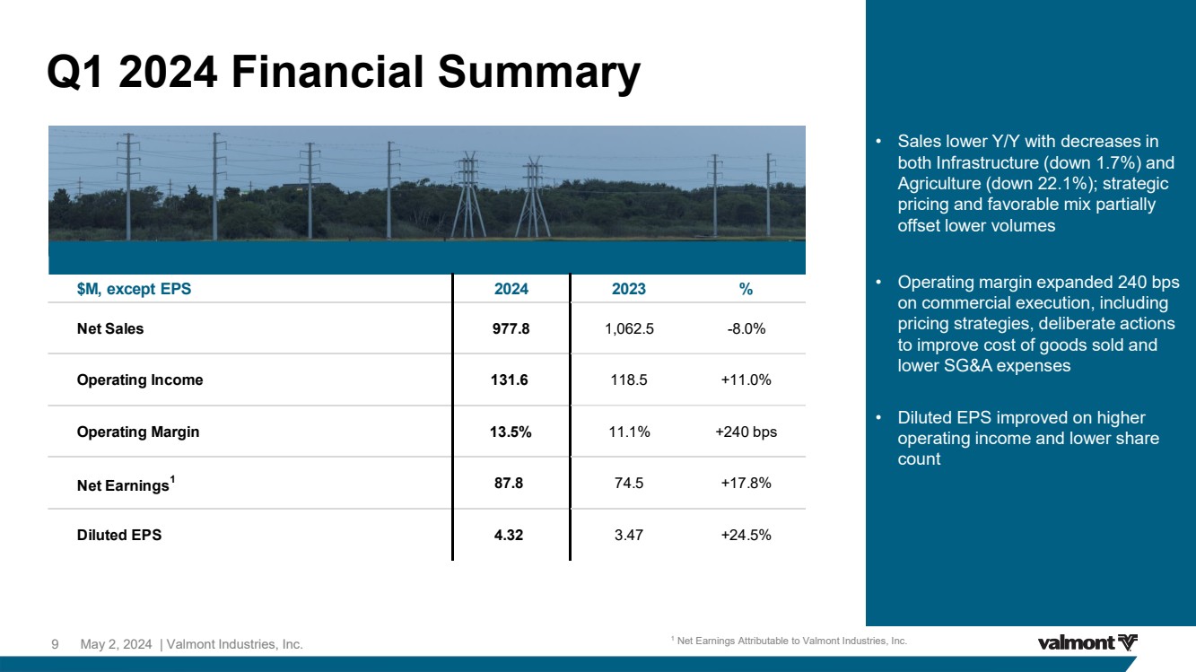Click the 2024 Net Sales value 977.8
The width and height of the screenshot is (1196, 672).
click(511, 328)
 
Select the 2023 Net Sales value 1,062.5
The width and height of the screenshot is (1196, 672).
click(629, 328)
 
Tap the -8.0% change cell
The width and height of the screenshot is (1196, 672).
click(746, 328)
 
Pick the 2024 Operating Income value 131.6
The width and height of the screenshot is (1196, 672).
click(510, 380)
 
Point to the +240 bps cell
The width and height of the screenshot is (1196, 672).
click(746, 432)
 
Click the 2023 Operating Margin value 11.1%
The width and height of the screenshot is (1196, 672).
click(630, 432)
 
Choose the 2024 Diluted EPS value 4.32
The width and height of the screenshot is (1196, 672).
click(509, 535)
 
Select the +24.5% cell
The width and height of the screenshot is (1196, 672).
click(746, 535)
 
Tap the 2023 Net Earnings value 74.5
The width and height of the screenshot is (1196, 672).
click(629, 483)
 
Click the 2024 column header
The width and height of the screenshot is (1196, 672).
click(511, 289)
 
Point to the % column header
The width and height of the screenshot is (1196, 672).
click(746, 289)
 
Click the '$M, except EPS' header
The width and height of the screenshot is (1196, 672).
click(134, 289)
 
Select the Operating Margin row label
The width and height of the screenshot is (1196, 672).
click(138, 432)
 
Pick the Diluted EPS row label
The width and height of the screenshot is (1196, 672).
click(119, 535)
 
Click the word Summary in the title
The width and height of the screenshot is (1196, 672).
click(538, 74)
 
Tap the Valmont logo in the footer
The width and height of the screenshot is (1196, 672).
click(1087, 642)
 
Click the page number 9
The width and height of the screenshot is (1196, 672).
click(55, 644)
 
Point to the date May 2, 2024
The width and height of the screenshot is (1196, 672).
click(116, 644)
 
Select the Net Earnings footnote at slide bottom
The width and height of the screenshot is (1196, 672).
click(790, 641)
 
